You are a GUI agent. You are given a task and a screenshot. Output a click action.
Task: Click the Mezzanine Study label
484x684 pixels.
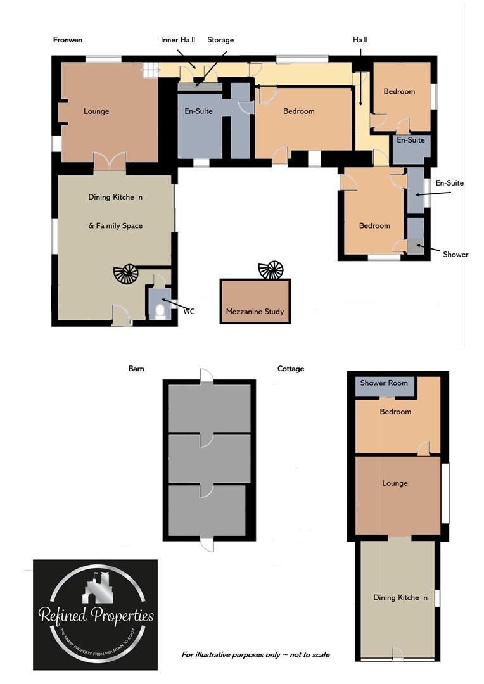[x=255, y=312]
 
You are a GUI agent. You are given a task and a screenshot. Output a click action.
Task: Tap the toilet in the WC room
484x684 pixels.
[x=160, y=310]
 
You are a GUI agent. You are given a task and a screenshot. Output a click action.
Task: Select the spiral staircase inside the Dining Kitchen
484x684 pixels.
[x=125, y=275]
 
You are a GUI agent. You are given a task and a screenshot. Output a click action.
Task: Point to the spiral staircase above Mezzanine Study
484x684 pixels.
[x=272, y=270]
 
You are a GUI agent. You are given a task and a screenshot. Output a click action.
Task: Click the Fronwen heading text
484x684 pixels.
[x=68, y=40]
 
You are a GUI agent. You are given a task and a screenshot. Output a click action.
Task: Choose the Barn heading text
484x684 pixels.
[x=136, y=368]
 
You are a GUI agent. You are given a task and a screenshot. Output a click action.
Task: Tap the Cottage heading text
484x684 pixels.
[x=291, y=368]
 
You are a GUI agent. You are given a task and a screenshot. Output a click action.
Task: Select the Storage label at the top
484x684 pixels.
[x=220, y=40]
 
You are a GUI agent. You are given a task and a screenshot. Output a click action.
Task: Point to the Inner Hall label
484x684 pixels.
[x=178, y=40]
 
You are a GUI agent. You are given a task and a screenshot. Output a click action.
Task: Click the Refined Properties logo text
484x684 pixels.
[x=96, y=615]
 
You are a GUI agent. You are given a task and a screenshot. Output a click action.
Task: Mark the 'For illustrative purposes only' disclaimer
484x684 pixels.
[x=255, y=654]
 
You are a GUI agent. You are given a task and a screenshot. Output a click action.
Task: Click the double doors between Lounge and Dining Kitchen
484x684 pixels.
[x=110, y=162]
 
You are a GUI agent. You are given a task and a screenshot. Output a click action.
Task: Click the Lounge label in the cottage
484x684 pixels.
[x=395, y=483]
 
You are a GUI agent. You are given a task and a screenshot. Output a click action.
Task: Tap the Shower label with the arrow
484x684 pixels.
[x=455, y=254]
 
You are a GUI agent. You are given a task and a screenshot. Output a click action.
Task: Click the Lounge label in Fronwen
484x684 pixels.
[x=96, y=111]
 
